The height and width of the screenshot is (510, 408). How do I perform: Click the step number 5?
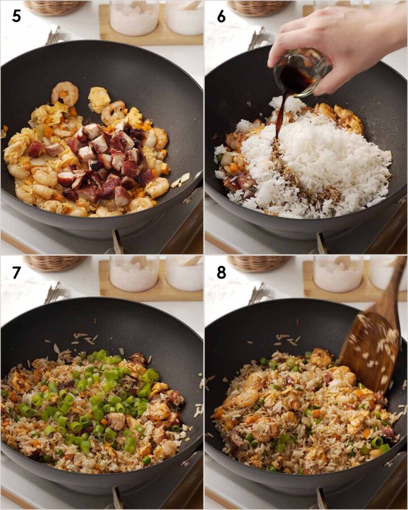(16, 16)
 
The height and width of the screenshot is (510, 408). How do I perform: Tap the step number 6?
(221, 16)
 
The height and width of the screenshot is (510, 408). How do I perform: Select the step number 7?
(16, 272)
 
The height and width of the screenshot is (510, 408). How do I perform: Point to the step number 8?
(221, 272)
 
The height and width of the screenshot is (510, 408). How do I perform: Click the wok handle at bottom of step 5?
(117, 242)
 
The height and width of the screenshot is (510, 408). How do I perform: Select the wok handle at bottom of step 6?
(321, 243)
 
